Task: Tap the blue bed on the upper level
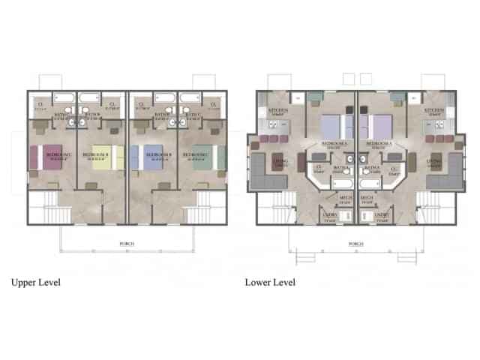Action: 151,157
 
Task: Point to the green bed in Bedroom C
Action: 201,157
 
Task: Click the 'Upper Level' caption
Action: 35,283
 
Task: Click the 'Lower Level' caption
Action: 270,283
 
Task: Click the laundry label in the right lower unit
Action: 381,217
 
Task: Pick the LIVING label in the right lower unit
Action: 433,162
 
